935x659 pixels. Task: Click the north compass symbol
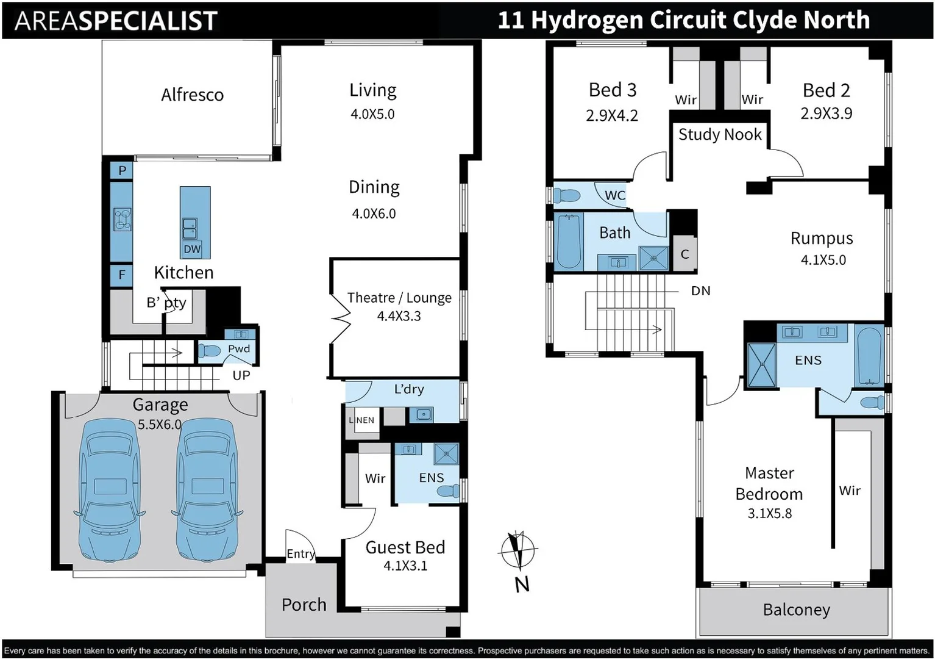(518, 550)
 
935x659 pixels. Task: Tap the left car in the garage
(110, 489)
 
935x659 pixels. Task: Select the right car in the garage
(207, 489)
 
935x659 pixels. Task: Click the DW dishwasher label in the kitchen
(192, 249)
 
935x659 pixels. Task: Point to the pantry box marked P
(122, 171)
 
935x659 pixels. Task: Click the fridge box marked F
(122, 275)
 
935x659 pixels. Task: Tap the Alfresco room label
(192, 95)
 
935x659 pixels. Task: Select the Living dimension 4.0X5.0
(372, 114)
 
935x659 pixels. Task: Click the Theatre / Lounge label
(399, 298)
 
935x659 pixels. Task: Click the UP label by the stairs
(241, 375)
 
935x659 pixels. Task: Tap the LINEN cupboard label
(362, 420)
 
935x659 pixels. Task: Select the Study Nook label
(720, 135)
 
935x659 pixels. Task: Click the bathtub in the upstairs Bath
(569, 242)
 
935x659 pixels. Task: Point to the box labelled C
(684, 254)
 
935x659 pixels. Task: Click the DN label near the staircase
(700, 291)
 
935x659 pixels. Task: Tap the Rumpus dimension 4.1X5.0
(823, 260)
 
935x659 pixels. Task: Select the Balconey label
(796, 610)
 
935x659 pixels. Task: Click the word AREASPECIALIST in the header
(116, 21)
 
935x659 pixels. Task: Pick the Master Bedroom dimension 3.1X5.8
(769, 514)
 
